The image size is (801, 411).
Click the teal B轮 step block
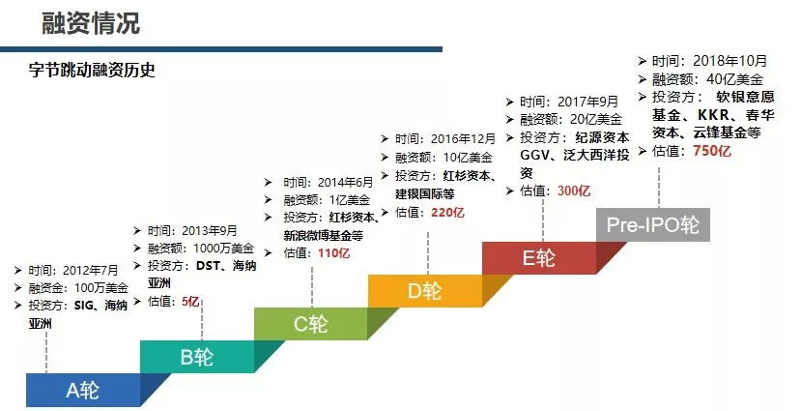196,356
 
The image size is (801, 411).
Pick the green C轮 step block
310,324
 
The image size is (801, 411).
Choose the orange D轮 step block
424,290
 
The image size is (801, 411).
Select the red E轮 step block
538,257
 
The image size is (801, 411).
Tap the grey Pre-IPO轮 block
652,224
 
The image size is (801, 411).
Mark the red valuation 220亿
447,212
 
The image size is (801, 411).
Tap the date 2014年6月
342,182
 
